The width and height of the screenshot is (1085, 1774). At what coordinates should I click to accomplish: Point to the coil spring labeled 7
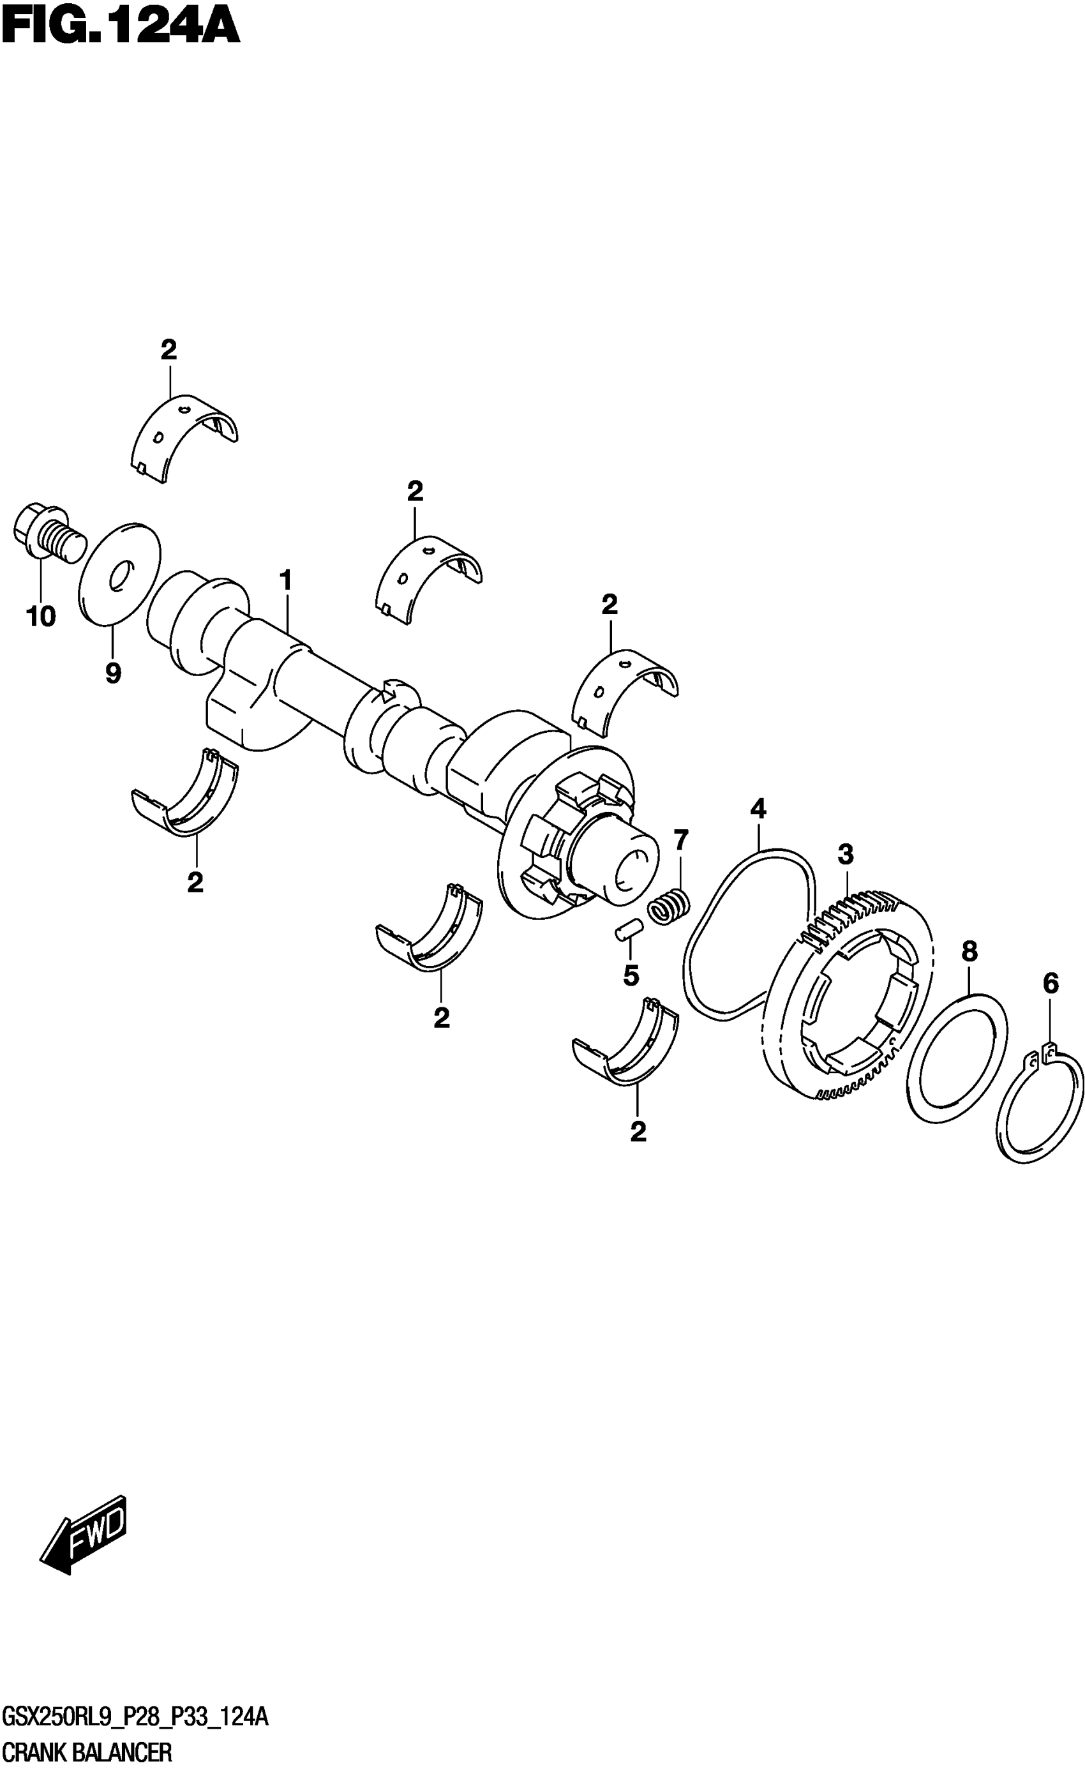click(x=670, y=908)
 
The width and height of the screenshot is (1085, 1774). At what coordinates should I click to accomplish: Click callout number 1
click(x=286, y=580)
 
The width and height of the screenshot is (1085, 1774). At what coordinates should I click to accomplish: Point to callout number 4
click(x=758, y=809)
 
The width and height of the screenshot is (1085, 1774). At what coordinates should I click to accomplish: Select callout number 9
click(x=113, y=673)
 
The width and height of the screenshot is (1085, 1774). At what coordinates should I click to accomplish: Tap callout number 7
click(x=680, y=839)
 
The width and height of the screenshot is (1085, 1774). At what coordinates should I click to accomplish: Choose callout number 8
click(x=969, y=952)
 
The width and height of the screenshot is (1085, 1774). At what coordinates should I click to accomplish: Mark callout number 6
click(x=1051, y=984)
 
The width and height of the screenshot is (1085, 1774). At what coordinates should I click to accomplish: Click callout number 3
click(x=845, y=855)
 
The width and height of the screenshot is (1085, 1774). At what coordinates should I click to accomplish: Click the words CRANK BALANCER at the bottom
click(x=87, y=1752)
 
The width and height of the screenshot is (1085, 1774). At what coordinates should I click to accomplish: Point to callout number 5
click(x=631, y=976)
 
